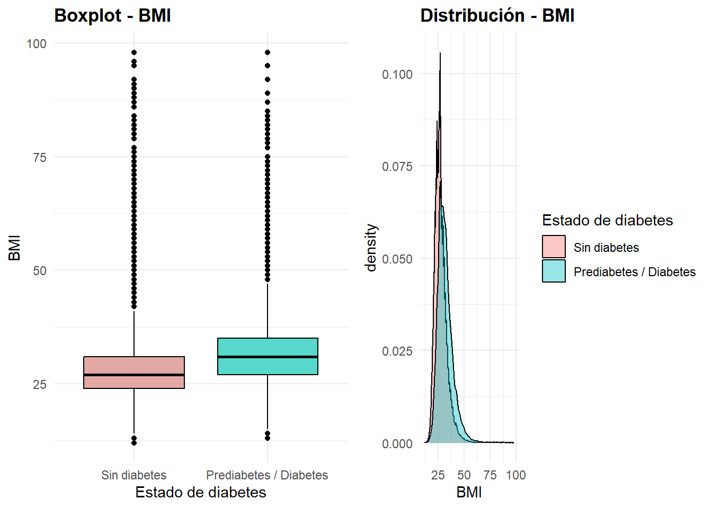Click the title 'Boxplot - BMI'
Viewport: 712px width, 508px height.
coord(112,16)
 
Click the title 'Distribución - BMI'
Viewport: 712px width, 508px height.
coord(497,16)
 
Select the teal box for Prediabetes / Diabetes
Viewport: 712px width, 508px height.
coord(268,347)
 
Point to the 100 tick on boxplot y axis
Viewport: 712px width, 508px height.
coord(37,44)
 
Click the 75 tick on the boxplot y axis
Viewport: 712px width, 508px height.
coord(40,158)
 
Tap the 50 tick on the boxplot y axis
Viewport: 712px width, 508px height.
coord(40,271)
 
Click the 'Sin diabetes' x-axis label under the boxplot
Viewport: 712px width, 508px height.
coord(133,475)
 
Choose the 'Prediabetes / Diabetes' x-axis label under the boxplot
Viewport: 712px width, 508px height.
coord(267,475)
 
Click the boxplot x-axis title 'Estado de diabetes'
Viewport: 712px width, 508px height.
coord(200,493)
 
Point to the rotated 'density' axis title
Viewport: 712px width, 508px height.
coord(371,248)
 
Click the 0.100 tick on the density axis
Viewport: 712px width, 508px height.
coord(397,75)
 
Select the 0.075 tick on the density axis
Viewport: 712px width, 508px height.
coord(397,167)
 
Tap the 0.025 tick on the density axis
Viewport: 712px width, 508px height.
coord(397,351)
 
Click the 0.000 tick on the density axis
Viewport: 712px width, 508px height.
coord(397,444)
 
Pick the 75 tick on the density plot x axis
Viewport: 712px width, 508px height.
coord(490,475)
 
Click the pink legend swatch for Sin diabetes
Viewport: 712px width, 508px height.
coord(554,247)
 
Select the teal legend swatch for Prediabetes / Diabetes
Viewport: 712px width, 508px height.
coord(554,271)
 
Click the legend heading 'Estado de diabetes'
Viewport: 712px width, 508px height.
coord(607,221)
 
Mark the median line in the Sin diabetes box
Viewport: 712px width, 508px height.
coord(134,375)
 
